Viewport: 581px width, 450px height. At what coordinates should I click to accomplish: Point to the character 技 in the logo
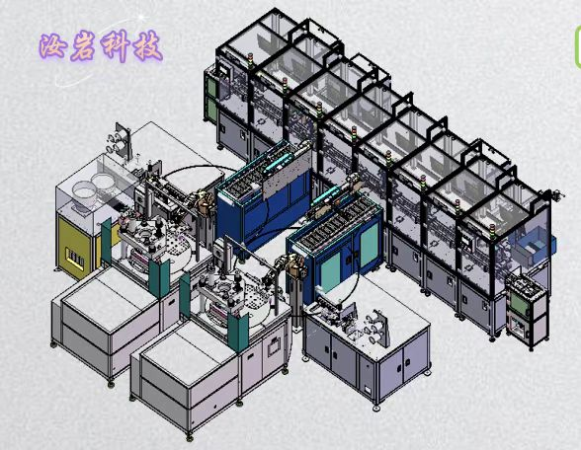[147, 46]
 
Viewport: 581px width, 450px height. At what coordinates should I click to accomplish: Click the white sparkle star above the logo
[141, 17]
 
